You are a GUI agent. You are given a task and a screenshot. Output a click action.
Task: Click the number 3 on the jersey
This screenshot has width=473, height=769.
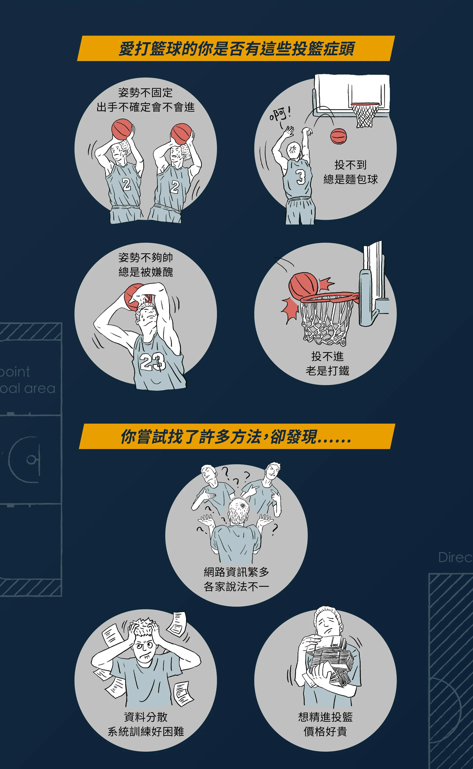coord(301,177)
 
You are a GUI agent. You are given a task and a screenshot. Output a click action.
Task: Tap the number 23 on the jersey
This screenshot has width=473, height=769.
coord(152,362)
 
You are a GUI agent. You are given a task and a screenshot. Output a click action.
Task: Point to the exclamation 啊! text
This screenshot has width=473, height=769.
coord(280,115)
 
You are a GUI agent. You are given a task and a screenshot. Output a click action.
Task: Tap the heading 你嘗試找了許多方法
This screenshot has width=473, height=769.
coord(191,437)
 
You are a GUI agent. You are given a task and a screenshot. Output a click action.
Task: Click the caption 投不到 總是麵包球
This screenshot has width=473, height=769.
coord(350,172)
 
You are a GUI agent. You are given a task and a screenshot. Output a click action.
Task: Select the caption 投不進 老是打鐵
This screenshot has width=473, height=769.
coord(327,363)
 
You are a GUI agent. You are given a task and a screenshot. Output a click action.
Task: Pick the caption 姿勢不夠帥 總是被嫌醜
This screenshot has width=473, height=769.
coord(145,265)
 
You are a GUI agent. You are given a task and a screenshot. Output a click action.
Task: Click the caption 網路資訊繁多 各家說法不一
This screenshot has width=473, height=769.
coord(236,579)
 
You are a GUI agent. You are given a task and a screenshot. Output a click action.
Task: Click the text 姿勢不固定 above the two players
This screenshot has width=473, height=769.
coord(145,93)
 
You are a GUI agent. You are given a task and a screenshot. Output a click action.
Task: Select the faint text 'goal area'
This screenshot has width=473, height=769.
coord(28,389)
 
